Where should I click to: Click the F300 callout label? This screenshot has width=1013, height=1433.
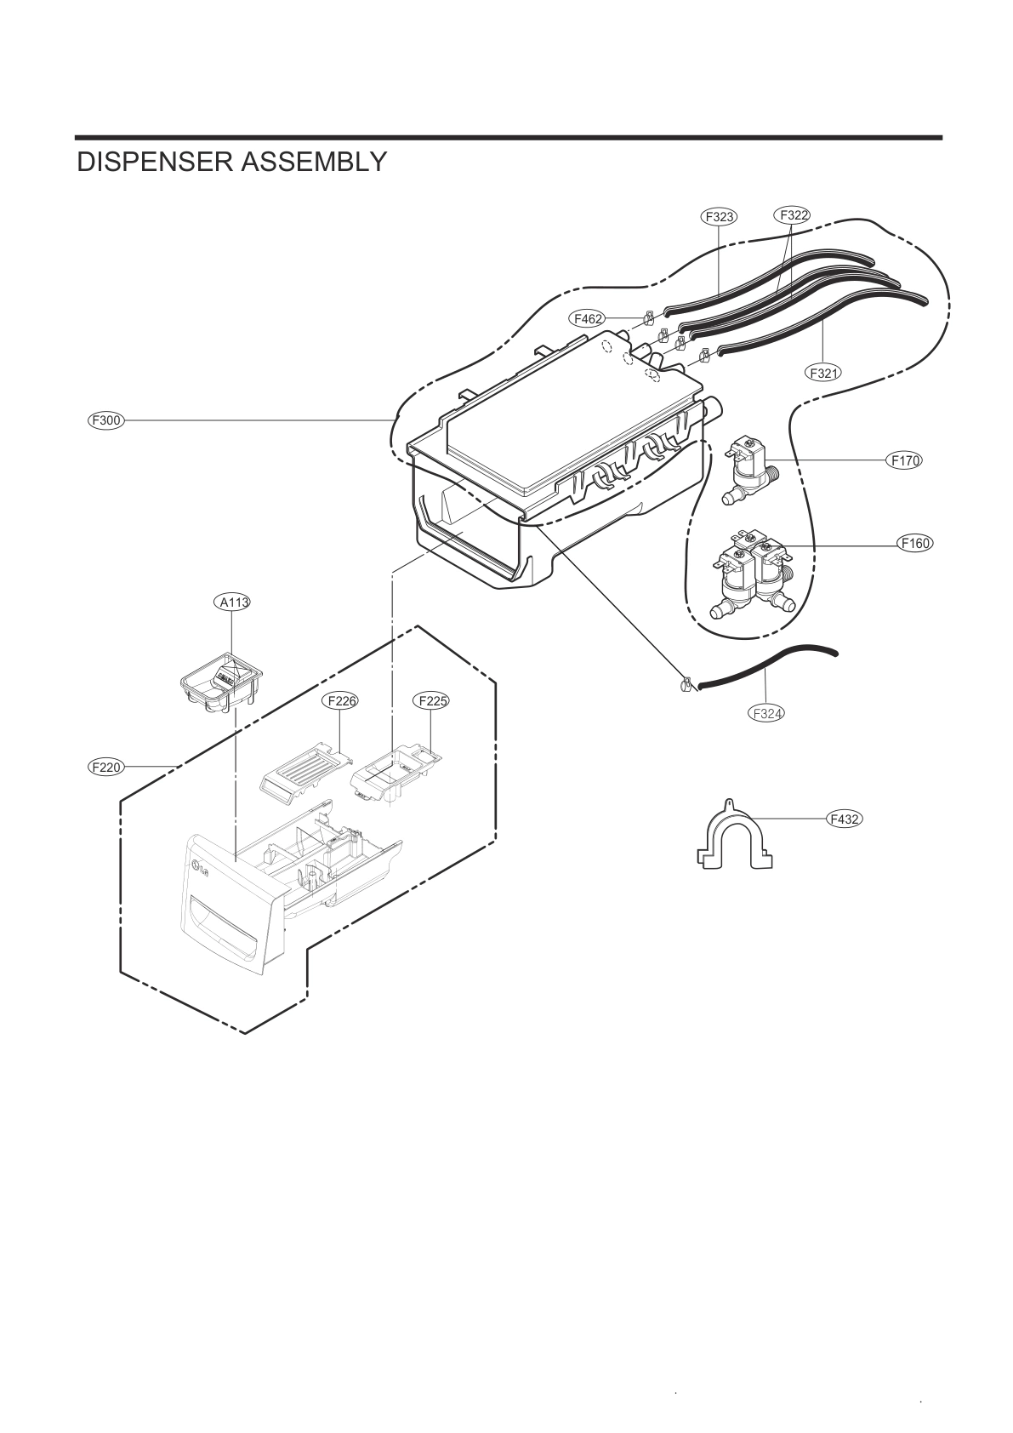[x=106, y=420]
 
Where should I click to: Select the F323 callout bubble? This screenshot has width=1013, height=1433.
[x=720, y=216]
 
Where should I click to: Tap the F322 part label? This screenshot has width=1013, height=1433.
[x=792, y=215]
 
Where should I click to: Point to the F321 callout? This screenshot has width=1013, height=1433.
[x=823, y=372]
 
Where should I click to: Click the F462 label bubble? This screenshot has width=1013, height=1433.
[x=589, y=319]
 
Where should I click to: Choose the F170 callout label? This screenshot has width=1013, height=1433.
[x=903, y=460]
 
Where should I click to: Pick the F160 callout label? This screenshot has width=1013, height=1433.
[x=915, y=543]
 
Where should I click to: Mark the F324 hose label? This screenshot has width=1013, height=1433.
[x=766, y=713]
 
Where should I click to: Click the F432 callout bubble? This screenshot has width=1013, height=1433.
[x=844, y=819]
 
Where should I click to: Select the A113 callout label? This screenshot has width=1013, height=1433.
[x=231, y=602]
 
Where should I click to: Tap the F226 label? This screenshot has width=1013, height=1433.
[x=340, y=701]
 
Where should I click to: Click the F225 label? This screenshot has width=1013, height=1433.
[x=431, y=701]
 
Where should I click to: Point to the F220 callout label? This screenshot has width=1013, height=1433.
[x=106, y=767]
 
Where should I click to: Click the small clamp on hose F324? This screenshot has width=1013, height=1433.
[x=686, y=683]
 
